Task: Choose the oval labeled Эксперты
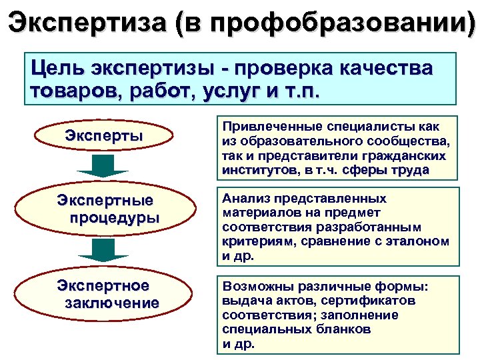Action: click(x=104, y=135)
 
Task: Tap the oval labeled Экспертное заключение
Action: click(x=104, y=294)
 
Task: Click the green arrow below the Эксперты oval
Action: click(x=103, y=167)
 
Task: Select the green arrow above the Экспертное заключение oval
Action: click(x=103, y=250)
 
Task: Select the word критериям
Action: click(x=257, y=241)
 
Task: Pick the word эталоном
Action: click(x=417, y=241)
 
